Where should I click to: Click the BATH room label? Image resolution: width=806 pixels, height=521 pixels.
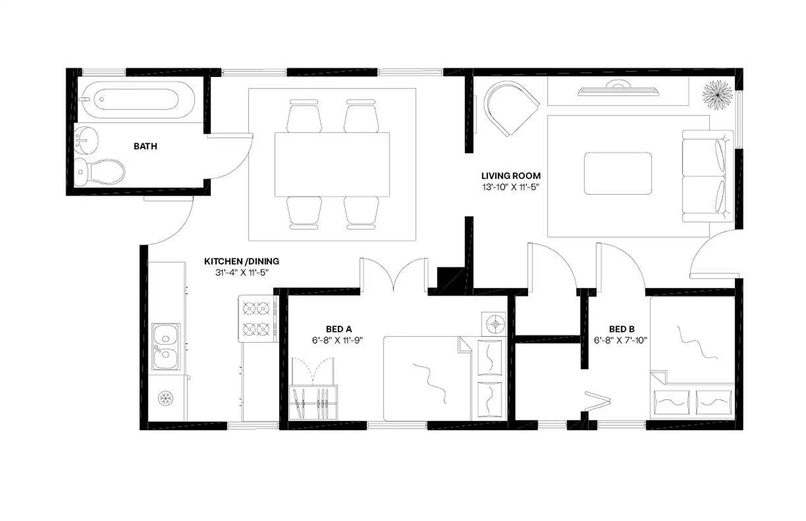click(x=145, y=146)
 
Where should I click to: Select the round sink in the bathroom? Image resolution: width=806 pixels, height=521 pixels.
click(x=86, y=140)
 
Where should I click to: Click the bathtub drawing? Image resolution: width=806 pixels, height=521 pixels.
click(x=136, y=99)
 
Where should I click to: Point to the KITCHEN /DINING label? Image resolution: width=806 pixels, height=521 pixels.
click(x=241, y=261)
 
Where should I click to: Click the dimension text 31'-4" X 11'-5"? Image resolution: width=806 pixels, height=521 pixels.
click(x=241, y=272)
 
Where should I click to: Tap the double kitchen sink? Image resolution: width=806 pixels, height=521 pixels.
click(x=166, y=346)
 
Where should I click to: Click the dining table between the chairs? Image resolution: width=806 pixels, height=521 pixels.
click(x=332, y=165)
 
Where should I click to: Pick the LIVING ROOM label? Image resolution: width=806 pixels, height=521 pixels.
click(x=510, y=176)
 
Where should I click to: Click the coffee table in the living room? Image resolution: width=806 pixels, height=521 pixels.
click(x=617, y=173)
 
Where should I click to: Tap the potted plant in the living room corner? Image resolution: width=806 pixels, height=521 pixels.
click(x=717, y=95)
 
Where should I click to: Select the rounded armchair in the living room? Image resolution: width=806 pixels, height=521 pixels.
click(x=509, y=107)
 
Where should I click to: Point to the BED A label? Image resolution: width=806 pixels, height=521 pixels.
click(x=338, y=329)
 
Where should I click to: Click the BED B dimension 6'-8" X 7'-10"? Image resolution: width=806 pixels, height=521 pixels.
click(x=620, y=340)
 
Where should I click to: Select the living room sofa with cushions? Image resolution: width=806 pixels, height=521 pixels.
click(x=707, y=176)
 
